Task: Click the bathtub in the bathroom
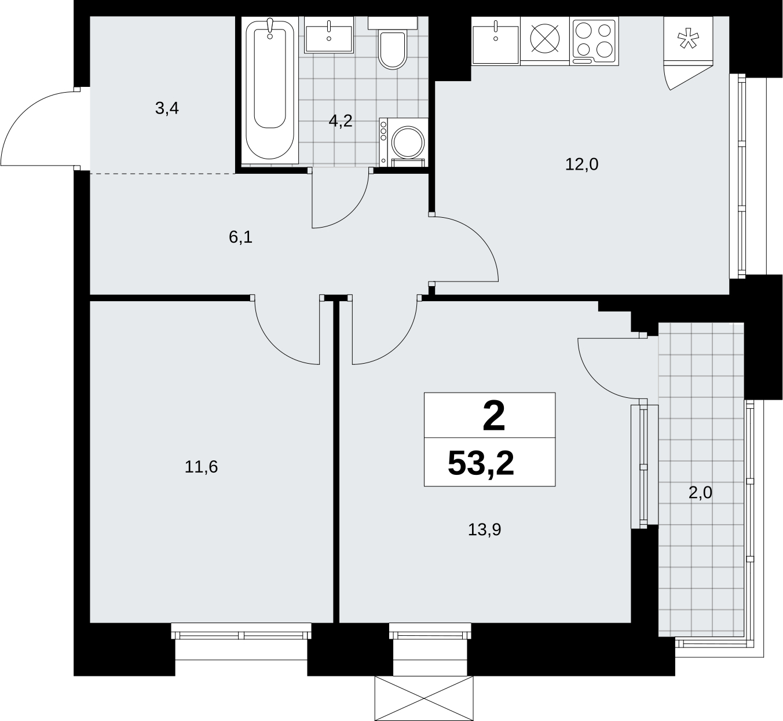(x=270, y=90)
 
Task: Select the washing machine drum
(x=408, y=142)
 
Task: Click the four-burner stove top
(x=594, y=41)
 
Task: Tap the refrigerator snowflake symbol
(x=688, y=39)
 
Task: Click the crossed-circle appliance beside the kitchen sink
(x=545, y=39)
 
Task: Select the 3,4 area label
(x=167, y=108)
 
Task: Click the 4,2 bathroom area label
(x=341, y=121)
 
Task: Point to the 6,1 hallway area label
(x=241, y=237)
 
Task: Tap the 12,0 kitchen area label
(x=581, y=164)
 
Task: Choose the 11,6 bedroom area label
(x=201, y=467)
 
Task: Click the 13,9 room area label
(x=484, y=530)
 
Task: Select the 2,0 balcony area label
(x=700, y=493)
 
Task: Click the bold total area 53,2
(x=481, y=463)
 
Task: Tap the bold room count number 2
(x=494, y=416)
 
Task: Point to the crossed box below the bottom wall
(x=424, y=698)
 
